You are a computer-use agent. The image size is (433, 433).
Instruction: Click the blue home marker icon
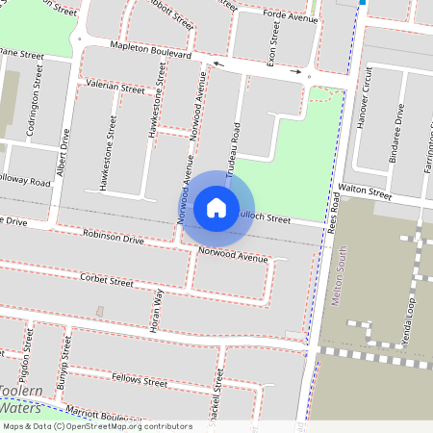(216, 207)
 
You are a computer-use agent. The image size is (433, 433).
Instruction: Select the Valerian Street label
(115, 86)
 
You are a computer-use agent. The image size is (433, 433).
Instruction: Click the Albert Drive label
(64, 154)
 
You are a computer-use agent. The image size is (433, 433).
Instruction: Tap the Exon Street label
(272, 41)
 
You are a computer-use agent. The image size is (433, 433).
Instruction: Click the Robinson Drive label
(113, 237)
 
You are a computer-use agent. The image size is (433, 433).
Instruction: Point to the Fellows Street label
(140, 382)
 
